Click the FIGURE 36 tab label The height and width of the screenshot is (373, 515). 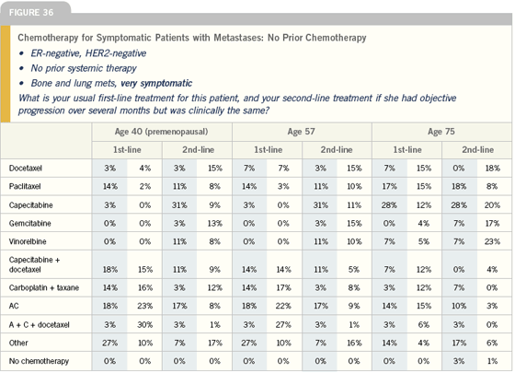coord(31,13)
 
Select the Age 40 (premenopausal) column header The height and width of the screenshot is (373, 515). coord(161,132)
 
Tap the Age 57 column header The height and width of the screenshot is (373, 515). coord(302,132)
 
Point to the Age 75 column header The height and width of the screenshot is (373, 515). coord(441,132)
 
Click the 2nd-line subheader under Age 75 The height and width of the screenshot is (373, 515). coord(478,149)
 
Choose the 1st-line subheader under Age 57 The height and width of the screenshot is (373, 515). coord(268,149)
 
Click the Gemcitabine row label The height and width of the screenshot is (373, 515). coord(29,223)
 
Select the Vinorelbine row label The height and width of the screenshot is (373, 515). coord(28,241)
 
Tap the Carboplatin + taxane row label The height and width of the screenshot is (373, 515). coord(44,287)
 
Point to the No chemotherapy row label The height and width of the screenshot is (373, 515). coord(39,361)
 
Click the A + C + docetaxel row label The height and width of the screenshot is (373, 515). coord(39,325)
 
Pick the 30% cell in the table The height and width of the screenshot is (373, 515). coord(145,324)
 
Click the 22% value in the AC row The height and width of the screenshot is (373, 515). coord(283,306)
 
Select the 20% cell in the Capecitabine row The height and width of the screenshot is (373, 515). coord(492,205)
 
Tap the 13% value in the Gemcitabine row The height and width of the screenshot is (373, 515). coord(215,223)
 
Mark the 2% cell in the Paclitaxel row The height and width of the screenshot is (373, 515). coord(145,186)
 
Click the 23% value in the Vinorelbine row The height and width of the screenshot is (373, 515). coord(492,241)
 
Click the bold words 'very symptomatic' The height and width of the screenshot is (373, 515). coord(156,83)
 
